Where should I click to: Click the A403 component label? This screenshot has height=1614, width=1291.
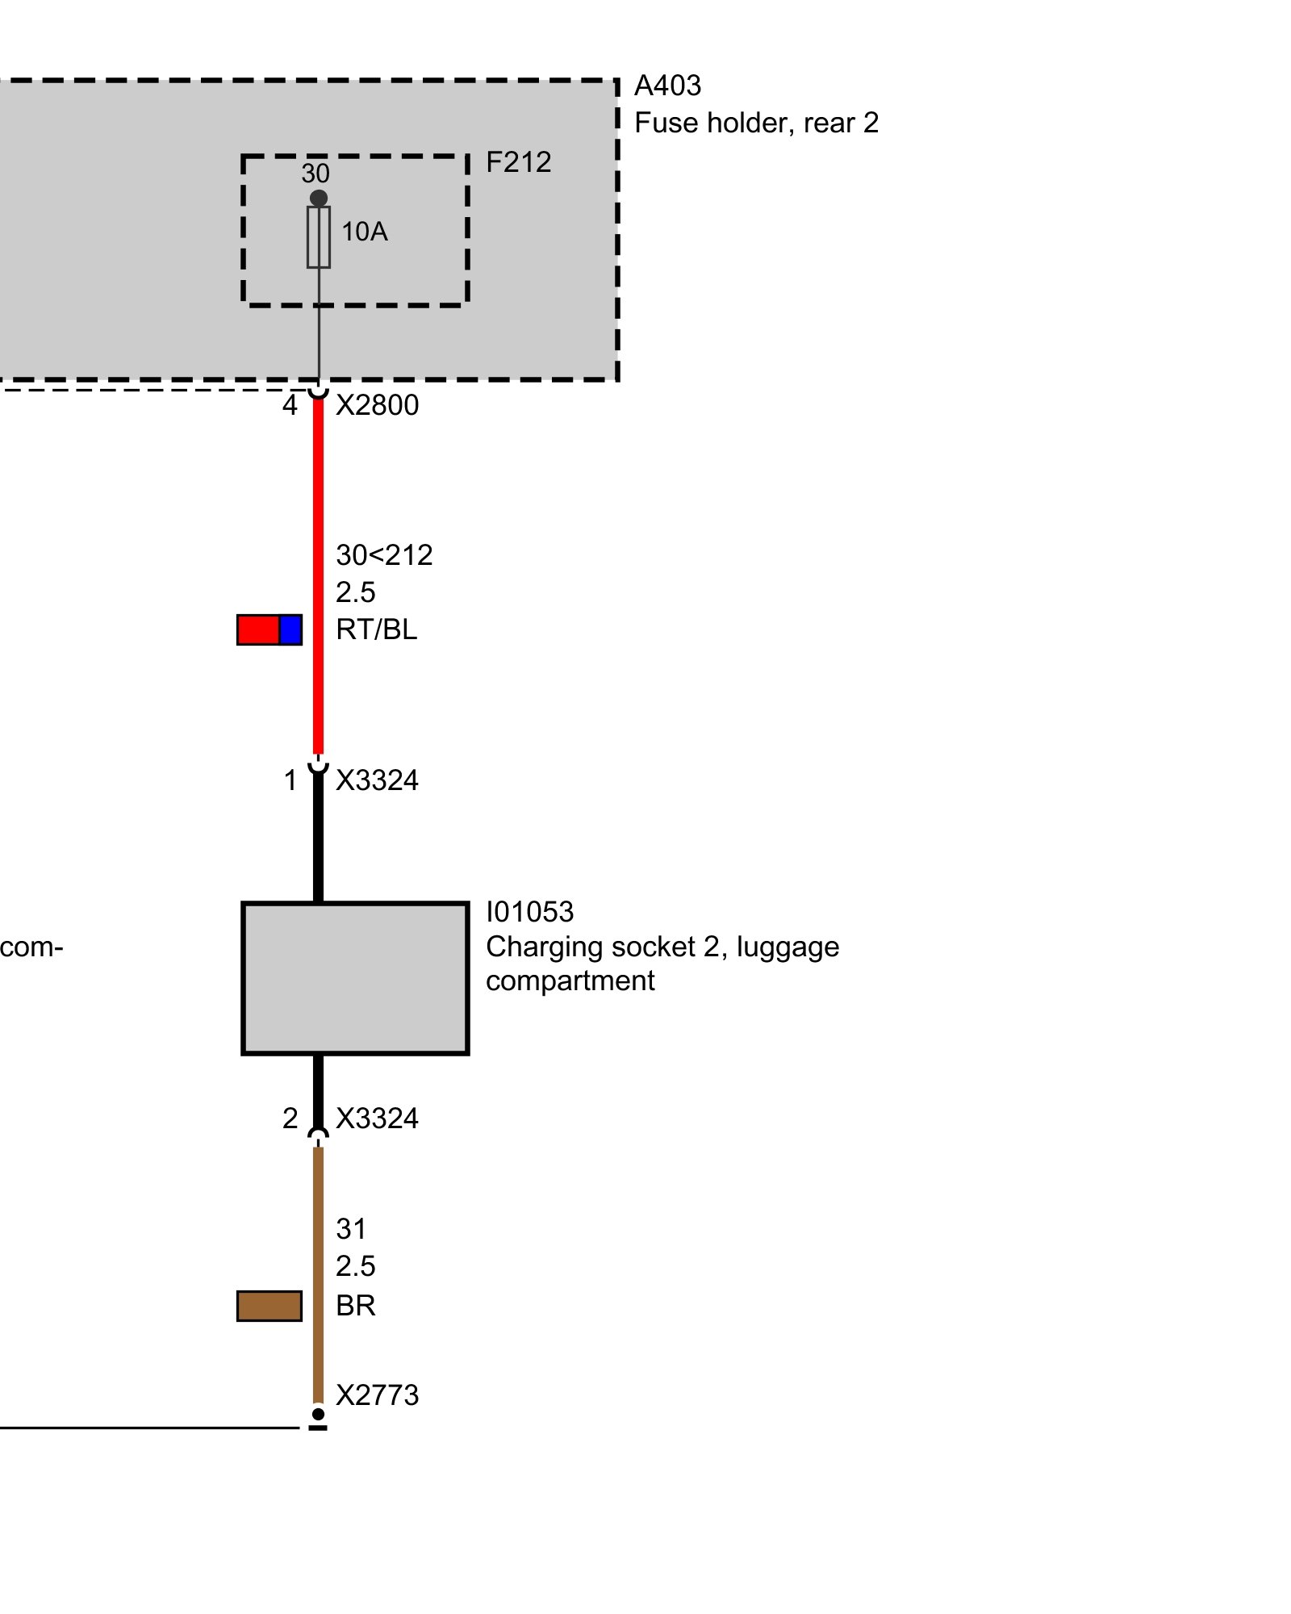pos(667,86)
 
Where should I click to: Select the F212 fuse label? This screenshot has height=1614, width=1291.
pos(518,162)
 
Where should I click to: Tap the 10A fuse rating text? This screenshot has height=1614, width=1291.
pos(364,232)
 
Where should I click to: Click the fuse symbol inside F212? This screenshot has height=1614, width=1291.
pos(319,236)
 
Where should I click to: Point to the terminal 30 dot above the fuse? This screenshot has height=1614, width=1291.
pos(319,198)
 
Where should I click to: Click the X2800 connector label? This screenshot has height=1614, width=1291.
pos(377,405)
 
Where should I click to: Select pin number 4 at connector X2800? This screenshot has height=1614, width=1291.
pos(290,405)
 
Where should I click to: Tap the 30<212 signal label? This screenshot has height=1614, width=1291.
pos(384,555)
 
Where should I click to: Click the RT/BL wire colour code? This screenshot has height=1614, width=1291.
pos(376,629)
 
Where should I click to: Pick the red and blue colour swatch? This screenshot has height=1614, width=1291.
pos(269,629)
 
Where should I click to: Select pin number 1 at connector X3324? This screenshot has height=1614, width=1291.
pos(290,780)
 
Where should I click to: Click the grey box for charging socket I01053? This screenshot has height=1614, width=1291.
pos(355,978)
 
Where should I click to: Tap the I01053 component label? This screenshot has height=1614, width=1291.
pos(529,912)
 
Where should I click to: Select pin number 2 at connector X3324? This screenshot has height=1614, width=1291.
pos(290,1119)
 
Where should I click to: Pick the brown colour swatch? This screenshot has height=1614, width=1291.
pos(269,1306)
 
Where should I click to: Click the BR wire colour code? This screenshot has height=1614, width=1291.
pos(356,1306)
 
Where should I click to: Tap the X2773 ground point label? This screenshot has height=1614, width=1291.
pos(377,1395)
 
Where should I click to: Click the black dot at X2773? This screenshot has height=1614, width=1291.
pos(319,1414)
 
